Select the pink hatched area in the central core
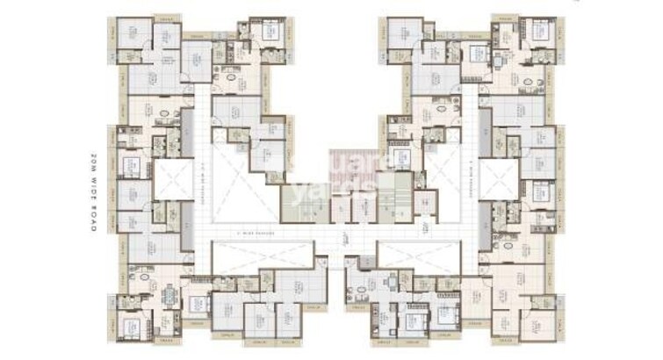pos(356,167)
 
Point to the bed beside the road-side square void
pos(132,166)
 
